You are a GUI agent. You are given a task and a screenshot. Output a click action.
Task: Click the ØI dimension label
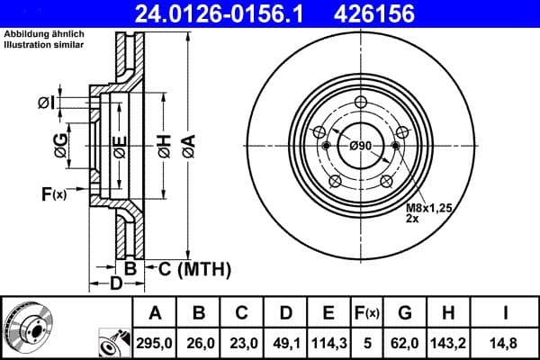coord(46,103)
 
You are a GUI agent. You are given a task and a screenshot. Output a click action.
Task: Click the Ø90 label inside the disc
coord(361,147)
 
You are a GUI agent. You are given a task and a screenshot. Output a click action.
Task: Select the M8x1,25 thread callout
coord(427,208)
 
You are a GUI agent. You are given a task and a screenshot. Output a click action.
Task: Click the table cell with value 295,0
coord(155,343)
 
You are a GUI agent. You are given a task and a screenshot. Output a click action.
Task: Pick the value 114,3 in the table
coord(328,343)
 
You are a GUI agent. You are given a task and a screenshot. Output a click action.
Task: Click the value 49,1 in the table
coord(285,343)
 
